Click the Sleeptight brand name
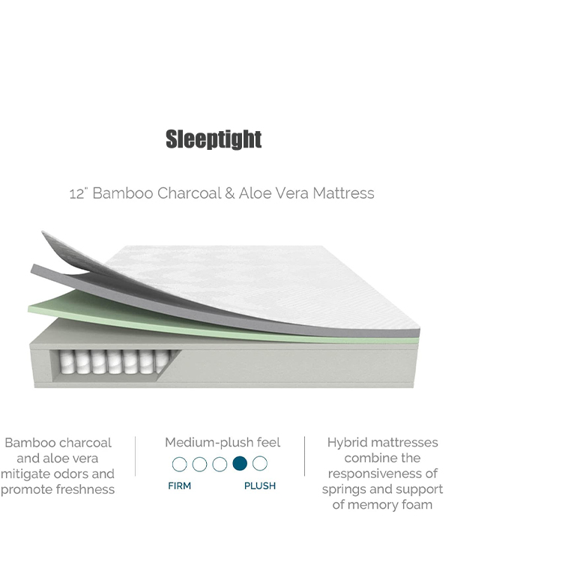214,139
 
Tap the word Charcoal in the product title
189,193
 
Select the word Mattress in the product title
343,193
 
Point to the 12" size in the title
78,193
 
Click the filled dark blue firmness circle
240,463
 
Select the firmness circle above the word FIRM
180,464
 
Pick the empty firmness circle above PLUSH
260,463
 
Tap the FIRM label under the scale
180,486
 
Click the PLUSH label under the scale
260,486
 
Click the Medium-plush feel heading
223,443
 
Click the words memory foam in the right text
390,504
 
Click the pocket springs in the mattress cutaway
114,362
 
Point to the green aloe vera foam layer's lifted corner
28,309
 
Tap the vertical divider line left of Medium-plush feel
135,456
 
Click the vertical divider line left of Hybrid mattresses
305,456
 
